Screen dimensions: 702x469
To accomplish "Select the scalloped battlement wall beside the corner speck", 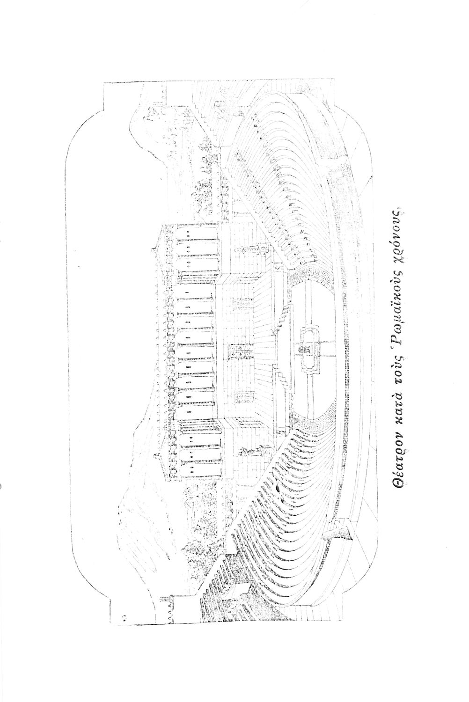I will [166, 604].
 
